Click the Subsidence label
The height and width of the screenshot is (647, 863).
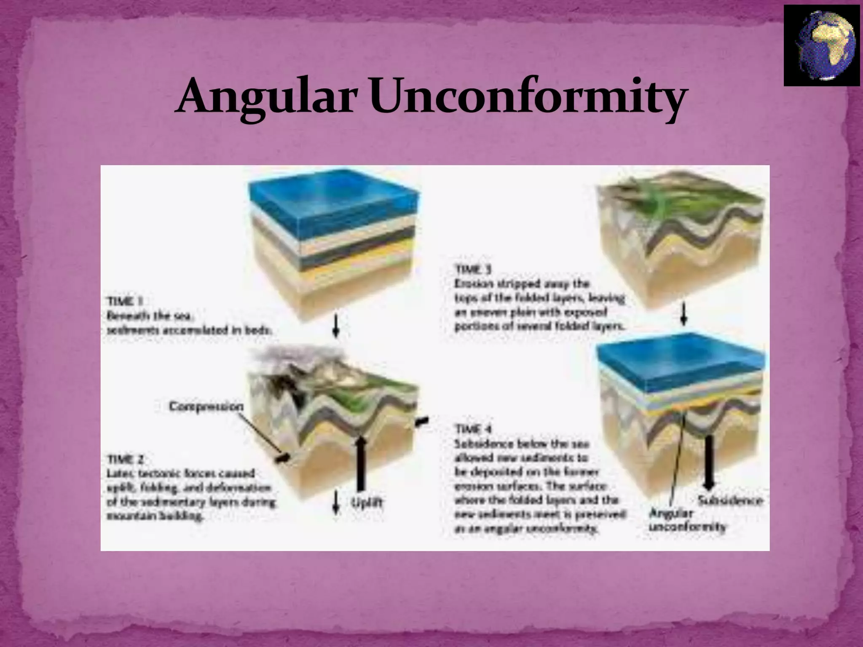click(730, 501)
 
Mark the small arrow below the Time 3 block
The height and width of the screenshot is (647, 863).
click(684, 315)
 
